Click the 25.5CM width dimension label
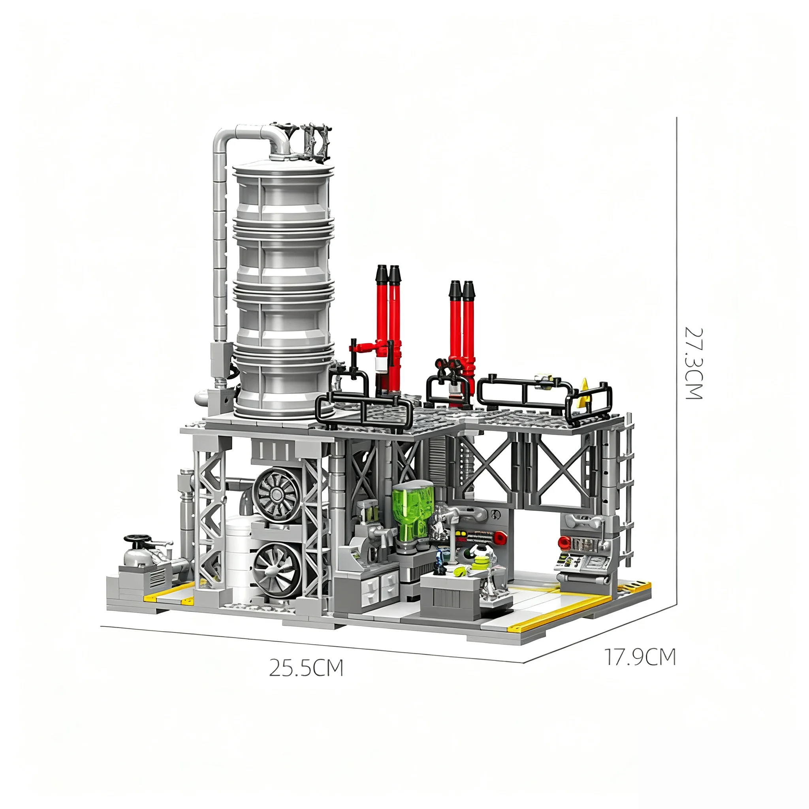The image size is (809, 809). (306, 668)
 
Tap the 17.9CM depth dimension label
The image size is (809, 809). (640, 657)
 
